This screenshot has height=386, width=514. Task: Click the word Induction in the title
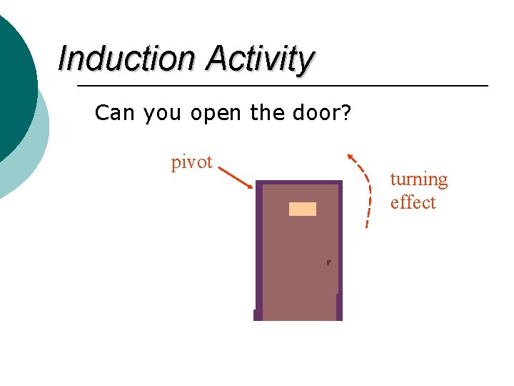pyautogui.click(x=126, y=59)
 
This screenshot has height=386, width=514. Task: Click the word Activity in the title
pyautogui.click(x=260, y=60)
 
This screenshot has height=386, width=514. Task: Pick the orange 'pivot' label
pyautogui.click(x=191, y=162)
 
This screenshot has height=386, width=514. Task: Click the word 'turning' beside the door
pyautogui.click(x=418, y=179)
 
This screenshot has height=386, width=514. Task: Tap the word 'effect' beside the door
pyautogui.click(x=413, y=202)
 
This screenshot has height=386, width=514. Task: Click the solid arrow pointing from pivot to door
pyautogui.click(x=235, y=178)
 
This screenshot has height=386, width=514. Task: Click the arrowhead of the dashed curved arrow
pyautogui.click(x=350, y=157)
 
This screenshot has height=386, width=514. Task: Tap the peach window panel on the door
pyautogui.click(x=302, y=209)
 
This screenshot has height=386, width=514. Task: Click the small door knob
pyautogui.click(x=328, y=263)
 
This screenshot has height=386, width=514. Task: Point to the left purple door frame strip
pyautogui.click(x=259, y=250)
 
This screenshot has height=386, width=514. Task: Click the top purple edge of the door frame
pyautogui.click(x=299, y=182)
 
